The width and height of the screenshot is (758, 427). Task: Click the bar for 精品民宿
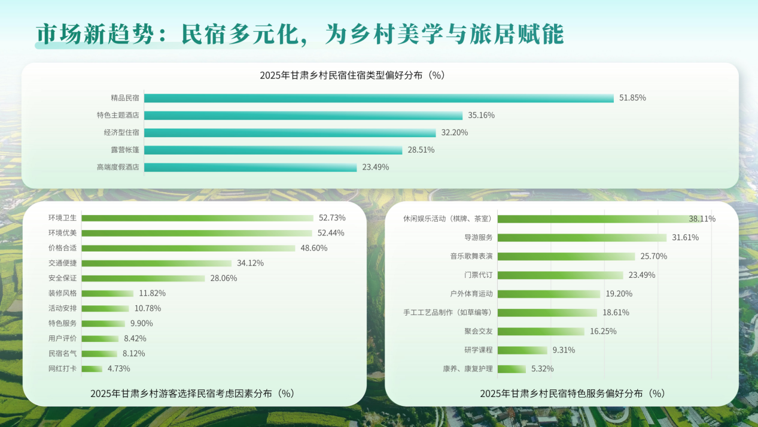[x=379, y=98]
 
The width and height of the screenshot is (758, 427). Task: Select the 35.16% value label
[x=481, y=115]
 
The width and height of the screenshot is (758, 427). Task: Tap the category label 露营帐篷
[x=125, y=150]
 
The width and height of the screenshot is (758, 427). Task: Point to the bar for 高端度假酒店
[x=250, y=167]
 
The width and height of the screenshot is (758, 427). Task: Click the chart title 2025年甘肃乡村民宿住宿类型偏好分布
[x=352, y=75]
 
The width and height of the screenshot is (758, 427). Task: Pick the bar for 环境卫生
[x=197, y=218]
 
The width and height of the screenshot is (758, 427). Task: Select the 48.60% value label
[x=314, y=248]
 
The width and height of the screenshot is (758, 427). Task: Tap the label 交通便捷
[x=63, y=263]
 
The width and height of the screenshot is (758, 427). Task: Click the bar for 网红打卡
[x=92, y=368]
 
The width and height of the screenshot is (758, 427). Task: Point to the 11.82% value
[x=152, y=293]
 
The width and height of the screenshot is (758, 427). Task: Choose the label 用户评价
[x=63, y=338]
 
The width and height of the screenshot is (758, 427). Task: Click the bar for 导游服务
[x=582, y=237]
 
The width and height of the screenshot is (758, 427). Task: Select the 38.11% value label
[x=702, y=219]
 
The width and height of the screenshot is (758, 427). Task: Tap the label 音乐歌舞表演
[x=471, y=256]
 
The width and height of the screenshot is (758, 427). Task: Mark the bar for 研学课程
[x=522, y=350]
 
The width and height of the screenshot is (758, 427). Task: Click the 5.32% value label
[x=542, y=368]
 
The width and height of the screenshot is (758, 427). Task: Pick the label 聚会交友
[x=479, y=331]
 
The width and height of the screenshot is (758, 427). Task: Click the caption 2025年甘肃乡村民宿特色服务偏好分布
[x=573, y=393]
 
